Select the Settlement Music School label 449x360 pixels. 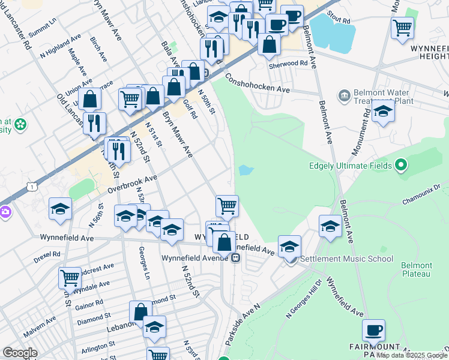(346, 259)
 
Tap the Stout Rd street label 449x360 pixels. (338, 20)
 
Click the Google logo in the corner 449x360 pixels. (20, 353)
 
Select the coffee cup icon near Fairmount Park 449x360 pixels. (373, 331)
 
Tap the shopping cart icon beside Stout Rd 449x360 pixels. (402, 27)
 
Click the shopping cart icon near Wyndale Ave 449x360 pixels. (70, 278)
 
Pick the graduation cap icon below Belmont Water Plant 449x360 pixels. (383, 111)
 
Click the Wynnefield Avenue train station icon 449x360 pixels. (236, 259)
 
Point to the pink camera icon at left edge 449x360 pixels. (5, 212)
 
